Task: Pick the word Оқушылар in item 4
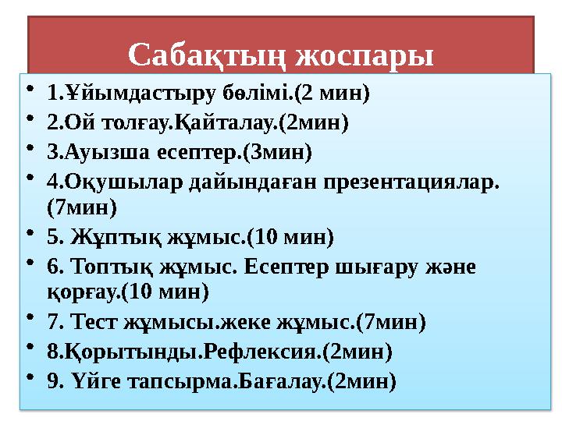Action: (x=109, y=180)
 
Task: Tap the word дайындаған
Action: (x=226, y=180)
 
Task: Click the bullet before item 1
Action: (x=30, y=92)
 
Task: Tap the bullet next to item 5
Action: (x=30, y=235)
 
